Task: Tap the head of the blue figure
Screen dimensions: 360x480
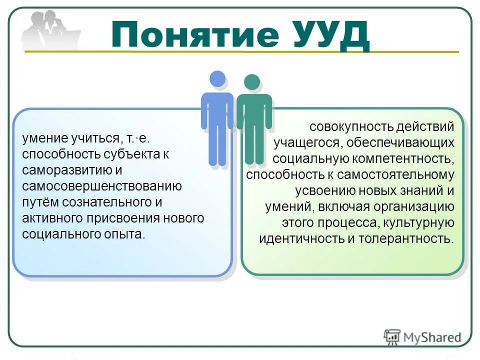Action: click(217, 79)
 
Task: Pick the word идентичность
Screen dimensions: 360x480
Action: click(297, 239)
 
